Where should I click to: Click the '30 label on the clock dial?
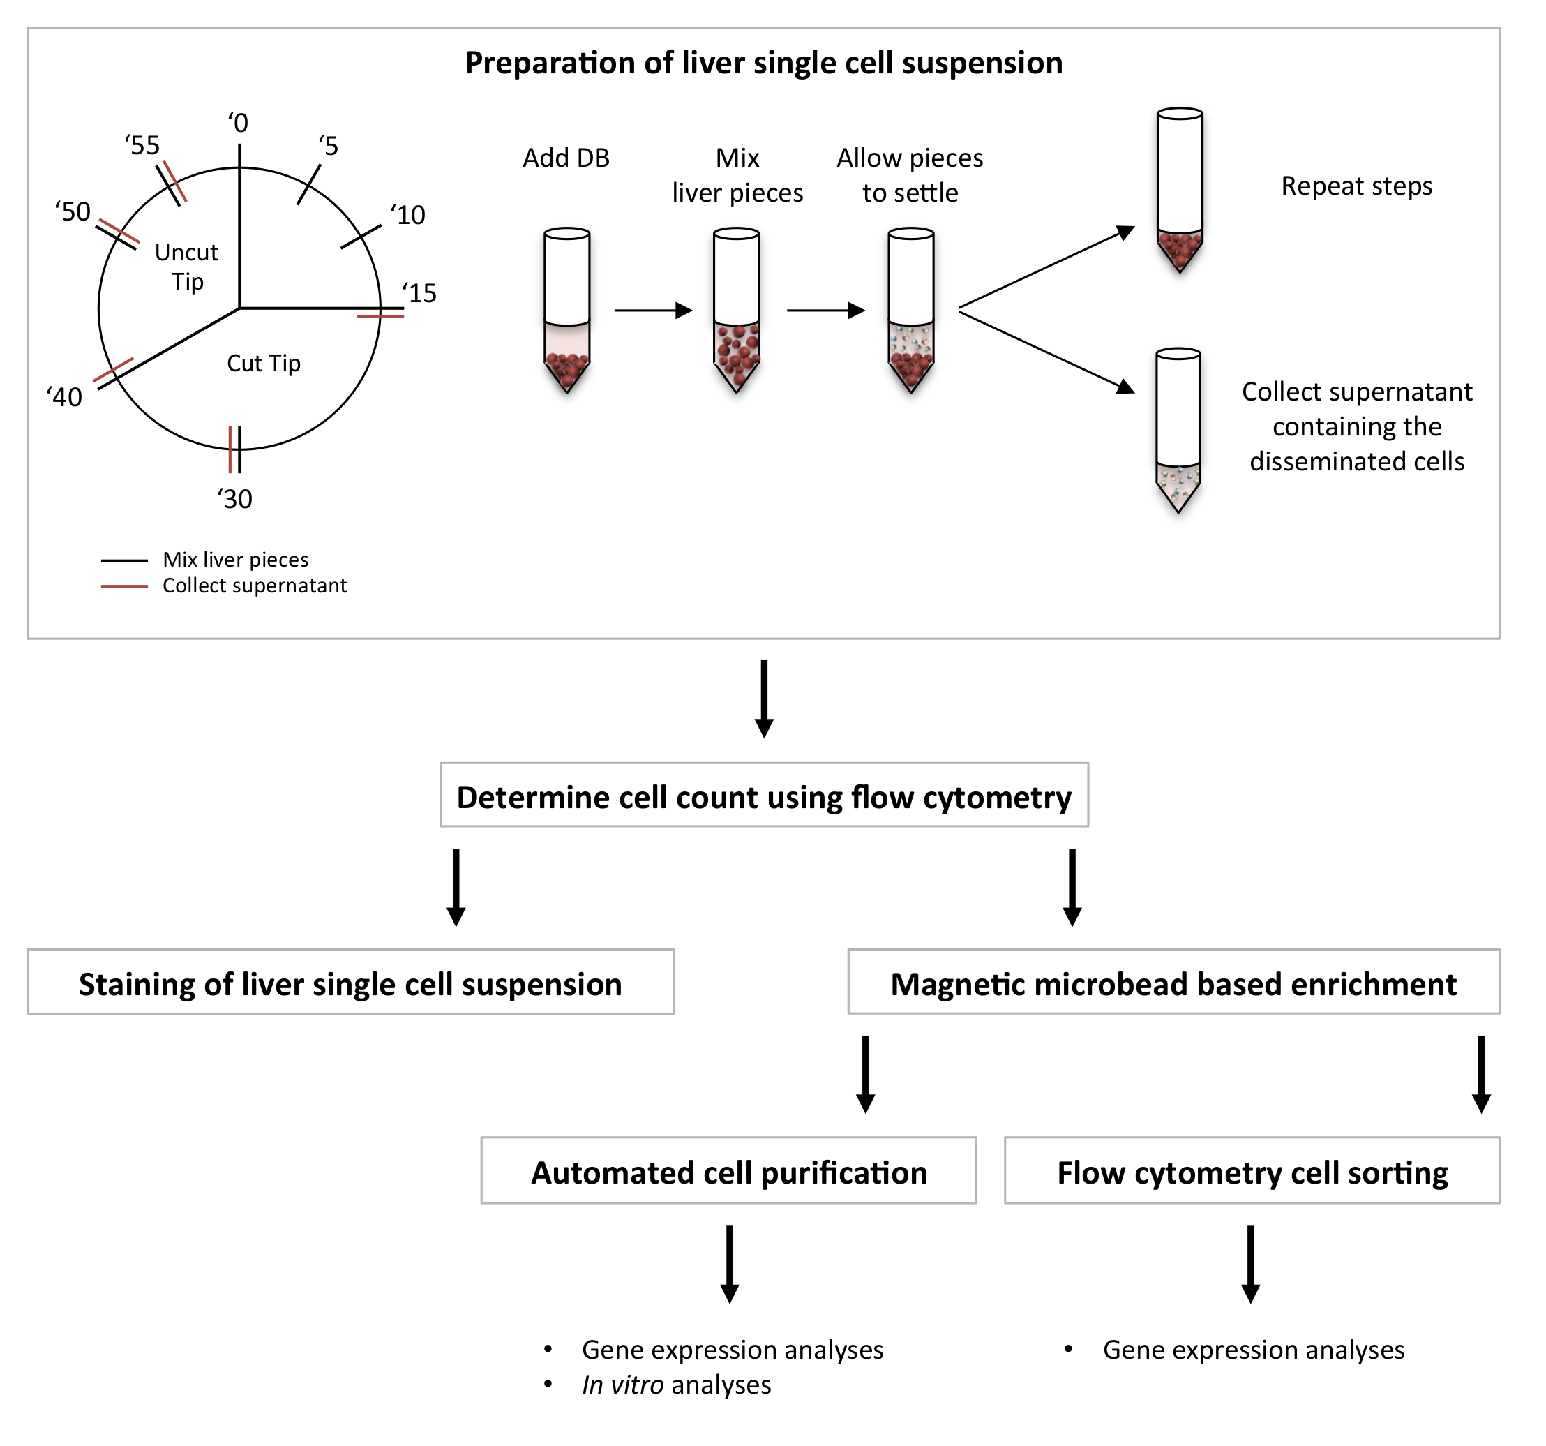click(235, 498)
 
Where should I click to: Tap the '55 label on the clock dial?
click(142, 145)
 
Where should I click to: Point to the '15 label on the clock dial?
click(420, 293)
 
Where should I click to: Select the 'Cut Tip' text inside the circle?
click(264, 364)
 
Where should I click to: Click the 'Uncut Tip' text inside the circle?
click(187, 267)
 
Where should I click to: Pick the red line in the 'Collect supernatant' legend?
click(124, 586)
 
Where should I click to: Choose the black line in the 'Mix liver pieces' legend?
click(124, 560)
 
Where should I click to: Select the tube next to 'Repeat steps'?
click(1180, 190)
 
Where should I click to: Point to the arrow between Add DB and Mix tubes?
click(653, 311)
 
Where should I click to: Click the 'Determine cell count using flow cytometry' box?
click(764, 794)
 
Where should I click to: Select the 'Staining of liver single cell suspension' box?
click(351, 982)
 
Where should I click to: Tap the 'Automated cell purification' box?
click(728, 1170)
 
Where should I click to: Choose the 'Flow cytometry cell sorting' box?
click(1252, 1170)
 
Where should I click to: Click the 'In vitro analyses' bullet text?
click(677, 1385)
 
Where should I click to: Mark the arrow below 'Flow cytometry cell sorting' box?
click(1250, 1264)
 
